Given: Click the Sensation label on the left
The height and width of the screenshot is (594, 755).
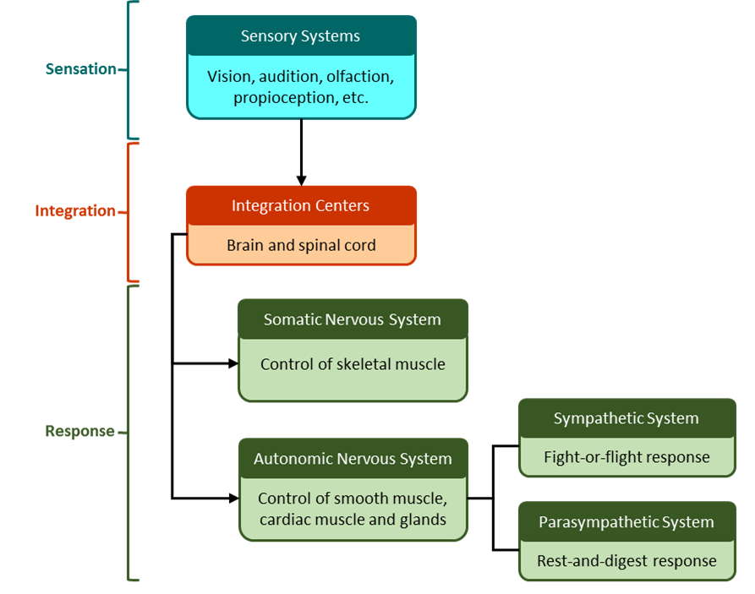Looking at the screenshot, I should [80, 69].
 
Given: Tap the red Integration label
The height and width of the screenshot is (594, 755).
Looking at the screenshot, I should [75, 210].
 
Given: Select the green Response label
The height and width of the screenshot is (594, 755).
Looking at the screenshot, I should [79, 432].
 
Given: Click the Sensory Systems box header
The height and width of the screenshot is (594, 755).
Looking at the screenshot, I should [300, 36].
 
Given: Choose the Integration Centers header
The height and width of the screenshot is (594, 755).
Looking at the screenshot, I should [300, 205].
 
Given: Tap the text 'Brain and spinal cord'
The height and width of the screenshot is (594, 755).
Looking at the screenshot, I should [300, 246].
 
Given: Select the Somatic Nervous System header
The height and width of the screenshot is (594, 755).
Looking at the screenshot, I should [352, 320].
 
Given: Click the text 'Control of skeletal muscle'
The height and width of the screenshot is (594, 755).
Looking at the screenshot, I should [352, 365].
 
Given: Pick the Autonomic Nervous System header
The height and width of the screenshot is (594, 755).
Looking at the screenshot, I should [352, 460].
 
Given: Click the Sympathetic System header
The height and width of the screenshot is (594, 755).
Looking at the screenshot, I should [626, 419].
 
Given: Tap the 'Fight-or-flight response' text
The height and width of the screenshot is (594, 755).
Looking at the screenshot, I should [626, 458].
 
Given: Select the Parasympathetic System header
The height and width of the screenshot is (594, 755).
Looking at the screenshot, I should [626, 523].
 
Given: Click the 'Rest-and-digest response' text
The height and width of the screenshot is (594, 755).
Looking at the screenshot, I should [626, 561].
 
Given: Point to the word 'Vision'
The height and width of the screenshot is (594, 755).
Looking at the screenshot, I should [229, 77].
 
